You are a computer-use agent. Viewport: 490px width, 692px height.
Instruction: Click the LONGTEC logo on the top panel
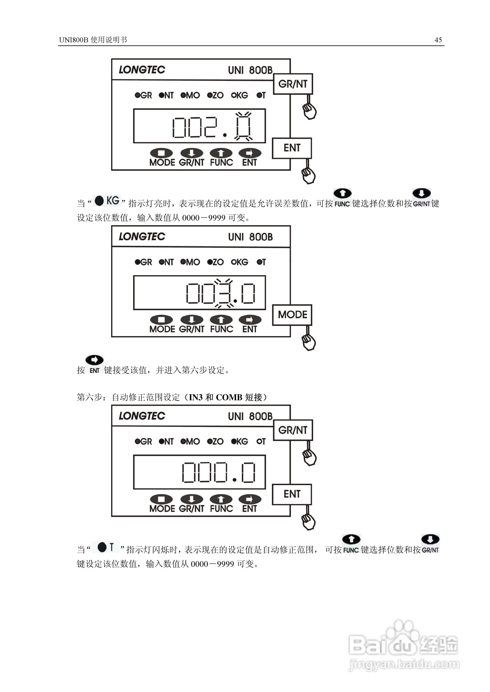point(142,70)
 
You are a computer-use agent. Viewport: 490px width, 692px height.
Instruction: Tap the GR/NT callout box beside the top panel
point(293,84)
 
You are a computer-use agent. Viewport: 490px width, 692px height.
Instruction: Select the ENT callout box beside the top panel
point(292,148)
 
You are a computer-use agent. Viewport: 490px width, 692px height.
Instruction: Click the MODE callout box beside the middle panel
point(292,315)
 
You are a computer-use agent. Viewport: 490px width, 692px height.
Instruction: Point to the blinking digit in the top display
point(243,127)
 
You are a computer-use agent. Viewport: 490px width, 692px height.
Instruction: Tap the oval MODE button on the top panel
point(162,153)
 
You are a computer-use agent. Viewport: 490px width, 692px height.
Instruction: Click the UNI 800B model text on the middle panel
point(250,237)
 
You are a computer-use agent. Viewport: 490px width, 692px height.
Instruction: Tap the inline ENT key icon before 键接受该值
point(94,364)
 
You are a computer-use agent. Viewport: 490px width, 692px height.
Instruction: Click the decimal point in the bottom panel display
point(235,480)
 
